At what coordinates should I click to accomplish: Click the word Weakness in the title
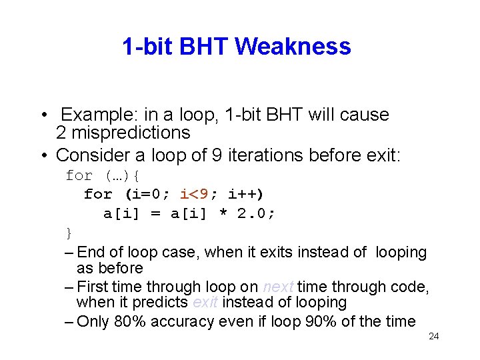(293, 47)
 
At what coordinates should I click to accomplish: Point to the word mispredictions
(130, 133)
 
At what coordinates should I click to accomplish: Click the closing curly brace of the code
(69, 232)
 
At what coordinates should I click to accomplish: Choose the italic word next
(278, 287)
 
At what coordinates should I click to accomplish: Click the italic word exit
(205, 302)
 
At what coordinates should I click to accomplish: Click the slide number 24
(433, 336)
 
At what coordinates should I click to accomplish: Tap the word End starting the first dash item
(91, 252)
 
